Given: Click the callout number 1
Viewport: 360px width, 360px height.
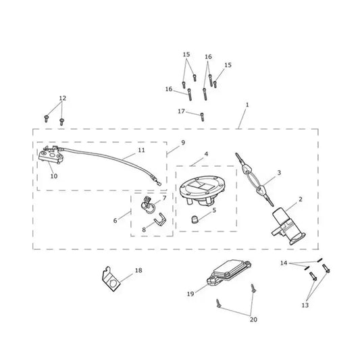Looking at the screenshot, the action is pos(247,105).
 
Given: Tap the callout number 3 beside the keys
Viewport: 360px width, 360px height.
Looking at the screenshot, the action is pos(279,172).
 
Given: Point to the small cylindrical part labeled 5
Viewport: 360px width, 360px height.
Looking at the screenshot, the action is pos(195,220).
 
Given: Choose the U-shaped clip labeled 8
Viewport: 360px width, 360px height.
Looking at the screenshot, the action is pos(161,220).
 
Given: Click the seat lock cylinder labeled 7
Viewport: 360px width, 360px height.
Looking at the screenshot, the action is pos(148,205).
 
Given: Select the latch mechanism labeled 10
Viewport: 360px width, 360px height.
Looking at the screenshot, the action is pos(51,155).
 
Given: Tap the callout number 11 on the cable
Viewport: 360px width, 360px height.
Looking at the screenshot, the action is pos(141,150).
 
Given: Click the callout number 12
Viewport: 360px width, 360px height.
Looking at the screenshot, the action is pos(62,98).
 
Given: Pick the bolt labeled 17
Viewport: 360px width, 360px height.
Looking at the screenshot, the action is pos(202,117).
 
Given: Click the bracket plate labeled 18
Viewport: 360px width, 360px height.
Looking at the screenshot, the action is pos(111,279).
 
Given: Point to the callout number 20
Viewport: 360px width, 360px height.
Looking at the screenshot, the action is pos(253,319).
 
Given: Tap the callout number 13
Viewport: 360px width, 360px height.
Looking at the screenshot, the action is pos(305,305).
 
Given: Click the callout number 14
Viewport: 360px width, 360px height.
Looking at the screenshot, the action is pos(284,263).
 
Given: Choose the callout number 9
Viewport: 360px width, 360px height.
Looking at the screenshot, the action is pos(183,143).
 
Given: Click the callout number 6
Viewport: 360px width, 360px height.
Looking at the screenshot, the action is pos(115,221).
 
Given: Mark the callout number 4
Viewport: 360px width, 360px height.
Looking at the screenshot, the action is pos(206,154).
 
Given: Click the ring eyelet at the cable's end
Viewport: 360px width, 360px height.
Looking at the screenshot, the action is pos(159,184).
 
